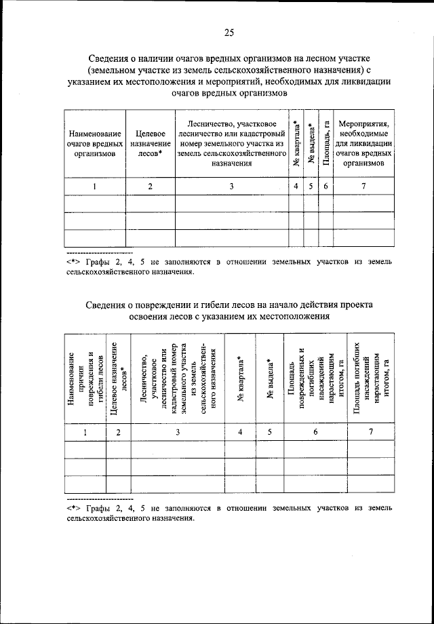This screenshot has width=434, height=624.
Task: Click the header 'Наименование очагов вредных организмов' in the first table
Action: pos(95,144)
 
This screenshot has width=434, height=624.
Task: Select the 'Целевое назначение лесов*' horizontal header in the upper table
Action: pos(151,144)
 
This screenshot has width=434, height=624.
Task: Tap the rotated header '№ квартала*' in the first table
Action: pos(296,144)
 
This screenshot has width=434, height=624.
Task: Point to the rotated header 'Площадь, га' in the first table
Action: pos(326,144)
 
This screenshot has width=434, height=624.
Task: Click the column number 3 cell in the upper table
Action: pos(231,187)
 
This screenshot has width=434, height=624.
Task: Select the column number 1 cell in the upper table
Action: pos(95,187)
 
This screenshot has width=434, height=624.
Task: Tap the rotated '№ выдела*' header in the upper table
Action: pos(311,144)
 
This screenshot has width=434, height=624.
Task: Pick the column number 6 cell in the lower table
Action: pos(315,431)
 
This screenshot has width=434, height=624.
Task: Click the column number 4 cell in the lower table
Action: pos(240,431)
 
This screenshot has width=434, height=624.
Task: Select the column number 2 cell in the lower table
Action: pos(119,431)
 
